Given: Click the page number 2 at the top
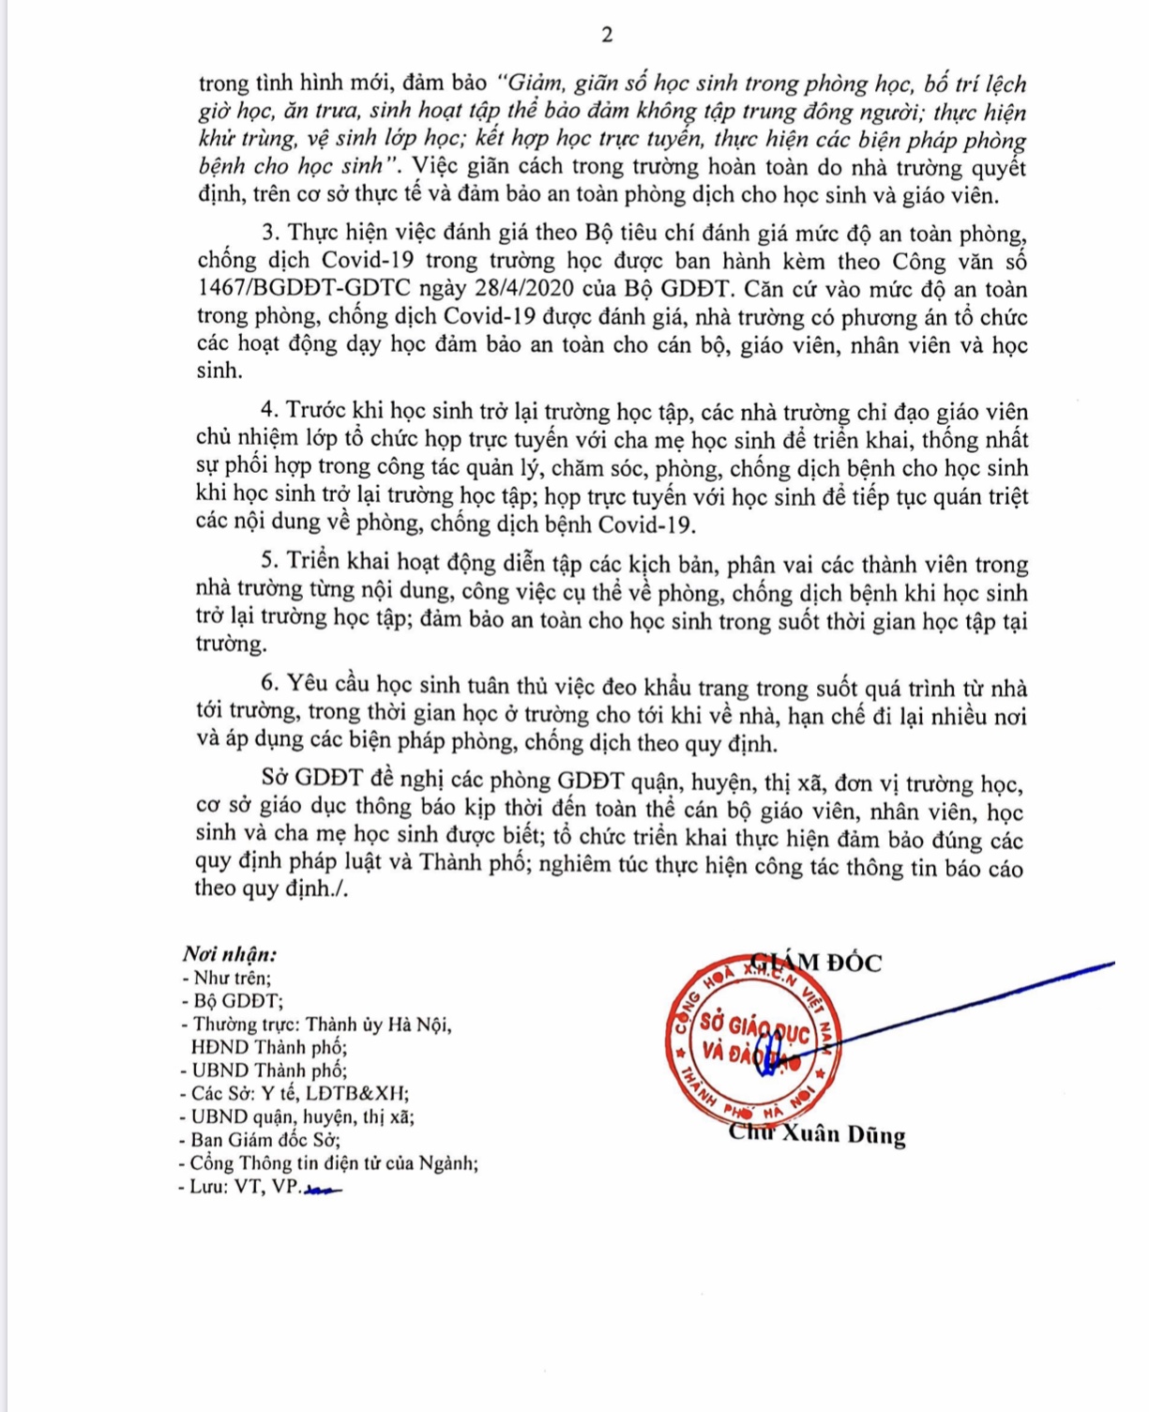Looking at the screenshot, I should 607,36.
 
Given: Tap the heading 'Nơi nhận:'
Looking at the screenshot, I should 230,954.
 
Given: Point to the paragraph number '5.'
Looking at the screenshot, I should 271,564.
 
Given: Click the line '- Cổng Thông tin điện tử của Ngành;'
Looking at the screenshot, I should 328,1163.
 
